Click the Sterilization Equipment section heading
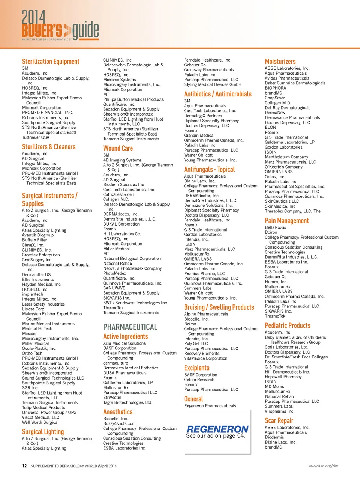(x=51, y=62)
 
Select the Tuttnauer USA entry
(x=36, y=137)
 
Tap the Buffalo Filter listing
(x=34, y=240)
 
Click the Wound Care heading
(x=118, y=148)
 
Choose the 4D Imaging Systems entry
(x=122, y=160)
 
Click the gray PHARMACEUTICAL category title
(x=130, y=327)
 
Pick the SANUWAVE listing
(x=114, y=288)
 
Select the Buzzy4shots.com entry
(x=119, y=423)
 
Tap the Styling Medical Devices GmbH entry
(x=213, y=84)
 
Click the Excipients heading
(x=196, y=368)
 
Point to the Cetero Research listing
(x=199, y=380)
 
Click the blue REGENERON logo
(x=217, y=429)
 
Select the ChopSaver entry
(x=275, y=98)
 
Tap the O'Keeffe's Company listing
(x=283, y=167)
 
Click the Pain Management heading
(x=287, y=221)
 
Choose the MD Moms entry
(x=274, y=387)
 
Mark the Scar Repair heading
(x=279, y=420)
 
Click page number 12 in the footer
(x=24, y=466)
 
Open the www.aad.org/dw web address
(x=323, y=466)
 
